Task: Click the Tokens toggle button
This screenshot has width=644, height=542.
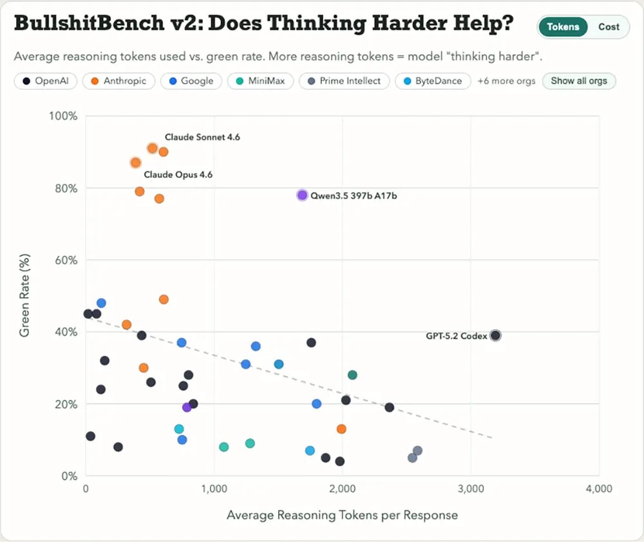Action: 563,27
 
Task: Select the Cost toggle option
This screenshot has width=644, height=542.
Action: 608,27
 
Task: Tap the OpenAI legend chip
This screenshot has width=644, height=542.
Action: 45,81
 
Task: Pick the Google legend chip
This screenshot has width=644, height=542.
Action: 191,81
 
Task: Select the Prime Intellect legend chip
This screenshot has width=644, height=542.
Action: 344,81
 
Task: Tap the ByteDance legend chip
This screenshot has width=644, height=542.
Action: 432,81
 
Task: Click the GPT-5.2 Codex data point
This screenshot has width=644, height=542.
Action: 495,335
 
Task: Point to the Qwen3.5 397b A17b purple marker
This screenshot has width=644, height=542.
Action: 302,195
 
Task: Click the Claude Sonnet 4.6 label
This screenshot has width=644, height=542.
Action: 202,137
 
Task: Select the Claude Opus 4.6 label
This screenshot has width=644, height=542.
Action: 178,175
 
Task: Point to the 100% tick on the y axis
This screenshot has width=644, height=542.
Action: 63,117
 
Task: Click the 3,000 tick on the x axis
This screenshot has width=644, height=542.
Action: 471,489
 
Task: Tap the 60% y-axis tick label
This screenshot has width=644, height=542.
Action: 66,260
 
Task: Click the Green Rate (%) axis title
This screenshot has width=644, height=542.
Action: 24,296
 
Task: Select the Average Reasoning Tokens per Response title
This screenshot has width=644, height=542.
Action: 342,515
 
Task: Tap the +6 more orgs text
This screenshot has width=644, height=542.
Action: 506,81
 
